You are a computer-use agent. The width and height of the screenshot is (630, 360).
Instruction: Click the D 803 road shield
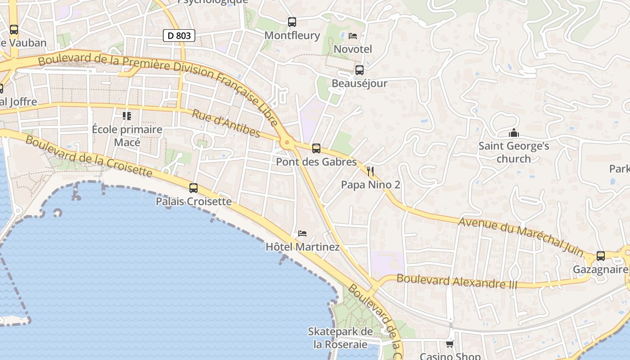(x=179, y=35)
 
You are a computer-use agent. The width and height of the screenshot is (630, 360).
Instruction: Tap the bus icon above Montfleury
(x=292, y=22)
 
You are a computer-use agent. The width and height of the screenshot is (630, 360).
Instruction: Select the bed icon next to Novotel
(x=353, y=36)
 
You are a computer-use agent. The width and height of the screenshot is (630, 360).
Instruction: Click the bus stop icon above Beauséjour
(x=359, y=70)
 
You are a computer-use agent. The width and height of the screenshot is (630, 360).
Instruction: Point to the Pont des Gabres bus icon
(x=316, y=148)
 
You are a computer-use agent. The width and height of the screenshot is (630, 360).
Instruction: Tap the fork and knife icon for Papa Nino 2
(x=370, y=171)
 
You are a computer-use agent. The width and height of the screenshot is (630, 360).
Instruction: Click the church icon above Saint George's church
(x=513, y=133)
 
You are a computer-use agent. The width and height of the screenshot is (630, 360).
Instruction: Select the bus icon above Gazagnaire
(x=600, y=256)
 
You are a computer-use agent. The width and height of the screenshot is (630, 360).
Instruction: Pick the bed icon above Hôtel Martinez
(x=302, y=234)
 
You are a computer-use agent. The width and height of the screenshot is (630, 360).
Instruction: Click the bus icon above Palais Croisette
(x=193, y=188)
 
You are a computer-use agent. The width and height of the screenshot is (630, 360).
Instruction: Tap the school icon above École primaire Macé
(x=127, y=116)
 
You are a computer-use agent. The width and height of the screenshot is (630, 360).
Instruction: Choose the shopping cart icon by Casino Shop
(x=450, y=344)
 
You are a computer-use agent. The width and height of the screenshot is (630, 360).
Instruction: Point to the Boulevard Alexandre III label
(x=457, y=282)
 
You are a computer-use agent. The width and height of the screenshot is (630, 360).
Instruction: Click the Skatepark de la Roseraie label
(x=340, y=338)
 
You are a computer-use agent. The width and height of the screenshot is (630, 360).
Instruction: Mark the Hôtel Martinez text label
(x=302, y=247)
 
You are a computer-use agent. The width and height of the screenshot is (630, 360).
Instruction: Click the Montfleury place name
(x=292, y=35)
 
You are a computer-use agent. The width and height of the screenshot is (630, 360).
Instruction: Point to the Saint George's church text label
(x=513, y=152)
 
